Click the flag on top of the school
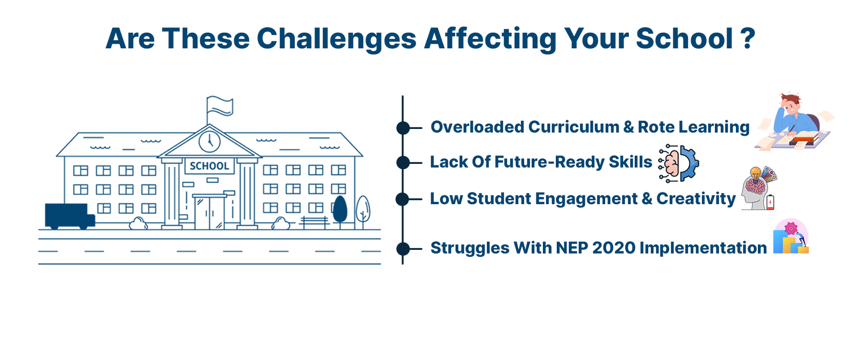pyautogui.click(x=220, y=106)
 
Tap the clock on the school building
pyautogui.click(x=210, y=142)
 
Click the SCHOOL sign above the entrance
pyautogui.click(x=210, y=166)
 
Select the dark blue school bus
pyautogui.click(x=70, y=216)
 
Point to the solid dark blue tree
pyautogui.click(x=340, y=210)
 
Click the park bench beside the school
pyautogui.click(x=314, y=222)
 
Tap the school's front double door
pyautogui.click(x=210, y=213)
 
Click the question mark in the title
pyautogui.click(x=747, y=38)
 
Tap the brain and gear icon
pyautogui.click(x=678, y=163)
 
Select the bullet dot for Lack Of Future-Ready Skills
pyautogui.click(x=403, y=162)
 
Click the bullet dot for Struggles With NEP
pyautogui.click(x=403, y=249)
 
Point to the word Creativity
pyautogui.click(x=696, y=199)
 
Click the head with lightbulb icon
pyautogui.click(x=758, y=189)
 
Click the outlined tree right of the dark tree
pyautogui.click(x=363, y=212)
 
